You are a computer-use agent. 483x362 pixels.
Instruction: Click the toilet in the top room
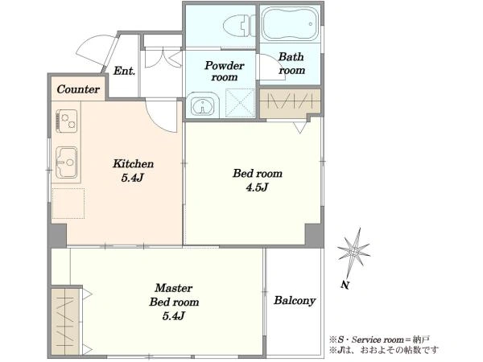[239, 26]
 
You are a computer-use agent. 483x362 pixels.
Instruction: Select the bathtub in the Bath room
[290, 23]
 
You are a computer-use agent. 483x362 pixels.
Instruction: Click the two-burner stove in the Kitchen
[67, 121]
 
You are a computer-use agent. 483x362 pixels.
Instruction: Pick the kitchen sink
[67, 162]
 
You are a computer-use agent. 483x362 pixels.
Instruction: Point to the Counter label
[78, 89]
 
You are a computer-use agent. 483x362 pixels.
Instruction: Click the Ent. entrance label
[124, 71]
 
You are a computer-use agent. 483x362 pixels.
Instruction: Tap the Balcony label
[295, 300]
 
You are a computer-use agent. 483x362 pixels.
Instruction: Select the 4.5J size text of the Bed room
[258, 187]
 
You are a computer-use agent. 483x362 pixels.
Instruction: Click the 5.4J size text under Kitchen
[133, 178]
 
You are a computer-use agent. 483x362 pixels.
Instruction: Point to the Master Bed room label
[174, 295]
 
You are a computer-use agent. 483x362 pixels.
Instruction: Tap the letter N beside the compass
[345, 285]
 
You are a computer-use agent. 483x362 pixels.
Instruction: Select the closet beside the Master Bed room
[65, 321]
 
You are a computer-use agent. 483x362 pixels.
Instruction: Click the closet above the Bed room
[290, 104]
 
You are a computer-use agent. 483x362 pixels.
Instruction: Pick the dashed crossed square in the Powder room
[240, 103]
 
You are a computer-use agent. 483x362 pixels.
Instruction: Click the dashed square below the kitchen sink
[68, 204]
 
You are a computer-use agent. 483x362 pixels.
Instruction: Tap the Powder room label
[225, 71]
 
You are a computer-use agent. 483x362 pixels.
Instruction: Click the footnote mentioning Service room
[379, 339]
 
